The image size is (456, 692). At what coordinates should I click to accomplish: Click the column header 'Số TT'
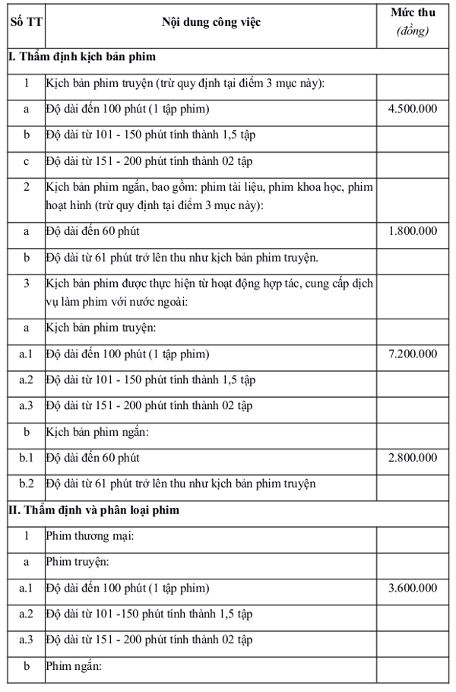[26, 22]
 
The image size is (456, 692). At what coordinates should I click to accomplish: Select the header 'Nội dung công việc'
[211, 22]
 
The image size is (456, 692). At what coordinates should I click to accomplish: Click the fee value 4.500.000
[412, 109]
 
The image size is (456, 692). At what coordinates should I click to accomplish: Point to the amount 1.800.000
[412, 230]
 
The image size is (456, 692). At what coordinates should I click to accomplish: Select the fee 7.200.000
[412, 354]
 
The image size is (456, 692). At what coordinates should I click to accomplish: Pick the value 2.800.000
[412, 458]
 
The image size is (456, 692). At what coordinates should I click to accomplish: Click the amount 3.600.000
[412, 588]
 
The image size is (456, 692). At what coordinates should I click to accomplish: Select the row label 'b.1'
[27, 458]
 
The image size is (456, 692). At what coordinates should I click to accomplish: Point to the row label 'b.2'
[27, 484]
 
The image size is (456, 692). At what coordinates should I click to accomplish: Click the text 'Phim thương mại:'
[90, 536]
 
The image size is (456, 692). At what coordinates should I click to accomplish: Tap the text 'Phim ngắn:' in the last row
[74, 666]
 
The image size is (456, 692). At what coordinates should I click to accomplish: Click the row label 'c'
[27, 160]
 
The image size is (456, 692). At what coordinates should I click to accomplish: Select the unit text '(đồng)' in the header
[412, 31]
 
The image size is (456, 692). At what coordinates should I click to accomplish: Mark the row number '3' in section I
[27, 284]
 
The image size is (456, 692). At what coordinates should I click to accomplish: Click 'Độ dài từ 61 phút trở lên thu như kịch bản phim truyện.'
[182, 257]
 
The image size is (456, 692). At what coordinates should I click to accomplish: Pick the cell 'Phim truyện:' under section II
[77, 562]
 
